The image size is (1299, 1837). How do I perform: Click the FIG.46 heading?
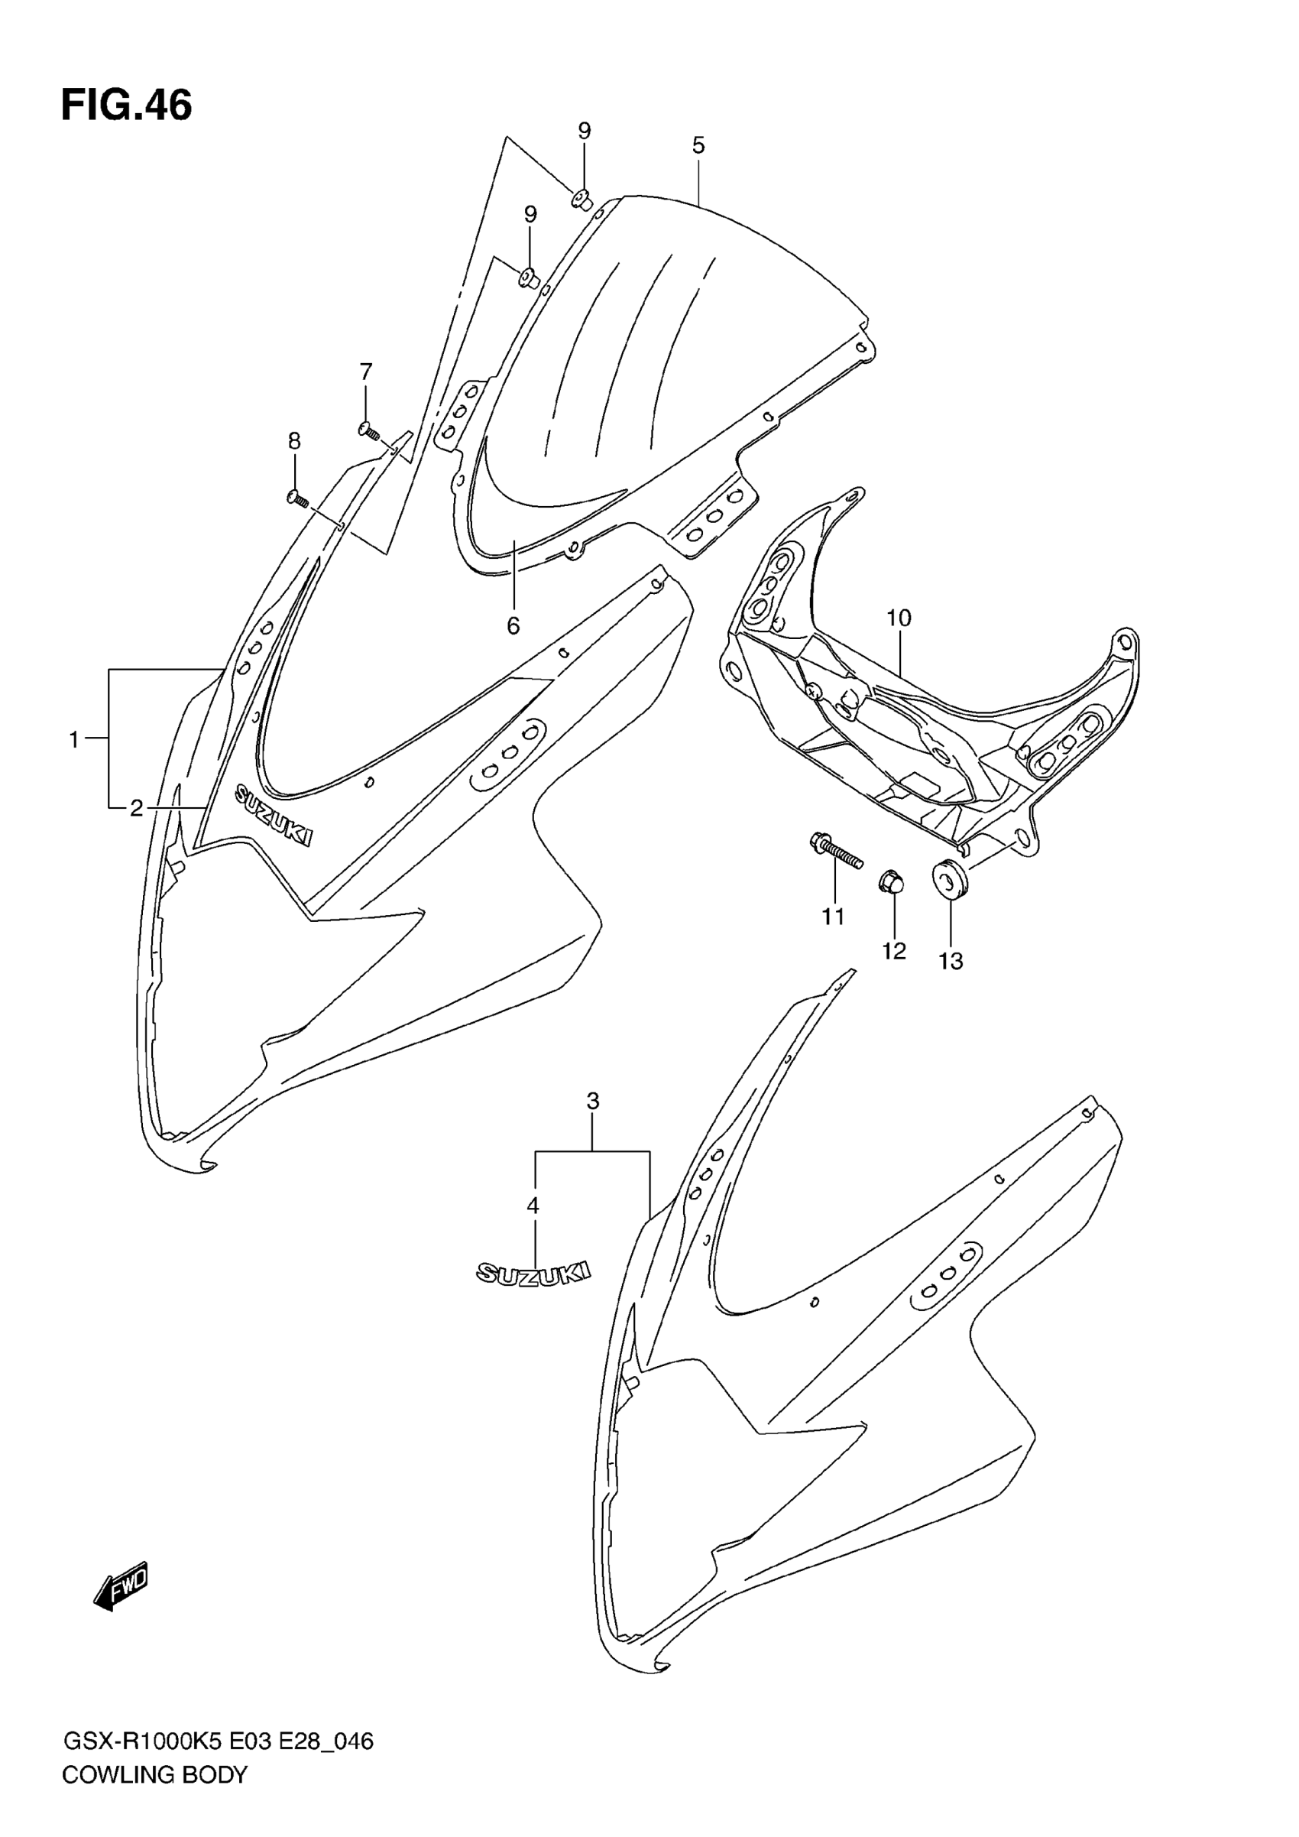tap(126, 105)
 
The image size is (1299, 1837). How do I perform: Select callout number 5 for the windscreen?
tap(698, 145)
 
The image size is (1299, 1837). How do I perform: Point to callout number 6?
tap(513, 625)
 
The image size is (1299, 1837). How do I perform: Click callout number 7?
tap(365, 372)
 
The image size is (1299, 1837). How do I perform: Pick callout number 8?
tap(294, 441)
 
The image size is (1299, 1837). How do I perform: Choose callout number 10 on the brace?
tap(899, 618)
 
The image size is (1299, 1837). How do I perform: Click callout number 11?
tap(834, 916)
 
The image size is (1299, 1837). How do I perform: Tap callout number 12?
tap(893, 951)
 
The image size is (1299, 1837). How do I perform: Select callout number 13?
tap(951, 961)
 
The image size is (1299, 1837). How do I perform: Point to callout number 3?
tap(592, 1101)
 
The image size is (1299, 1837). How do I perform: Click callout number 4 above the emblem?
tap(533, 1205)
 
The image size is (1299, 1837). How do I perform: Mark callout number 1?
tap(74, 740)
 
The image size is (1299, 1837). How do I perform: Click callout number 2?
tap(137, 808)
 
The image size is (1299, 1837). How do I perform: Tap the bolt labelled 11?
tap(835, 852)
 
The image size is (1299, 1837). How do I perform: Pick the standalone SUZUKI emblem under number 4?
tap(533, 1273)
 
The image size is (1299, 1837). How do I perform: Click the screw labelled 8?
tap(296, 498)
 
